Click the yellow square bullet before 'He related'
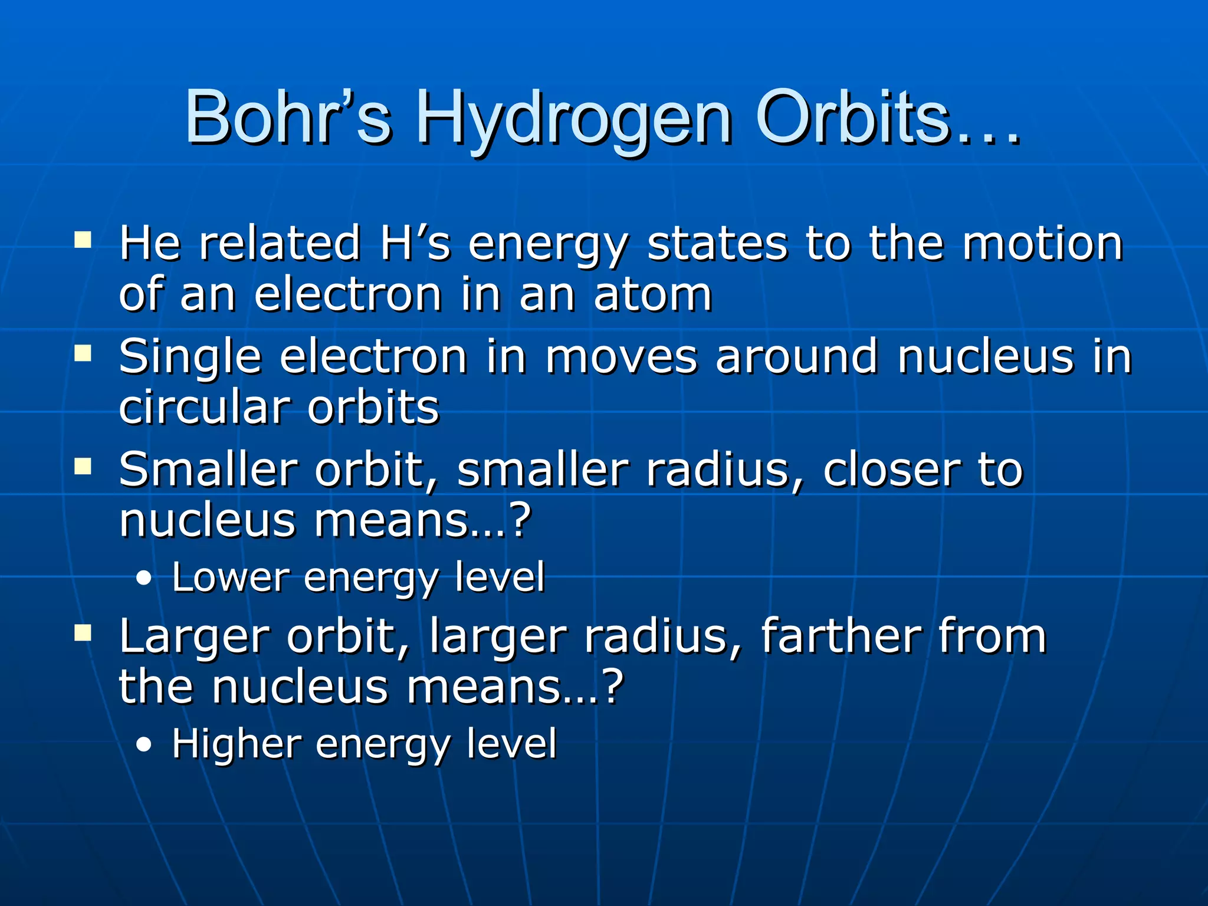[x=83, y=239]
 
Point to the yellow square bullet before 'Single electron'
[x=83, y=353]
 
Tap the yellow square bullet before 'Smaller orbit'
[x=83, y=467]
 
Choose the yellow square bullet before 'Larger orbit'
[x=83, y=633]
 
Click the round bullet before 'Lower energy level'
[x=143, y=579]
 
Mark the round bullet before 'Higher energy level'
[x=143, y=745]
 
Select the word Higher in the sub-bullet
[x=237, y=744]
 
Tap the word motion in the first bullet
[x=1042, y=243]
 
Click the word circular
[x=204, y=407]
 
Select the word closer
[x=891, y=470]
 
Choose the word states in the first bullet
[x=717, y=243]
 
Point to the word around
[x=797, y=357]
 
